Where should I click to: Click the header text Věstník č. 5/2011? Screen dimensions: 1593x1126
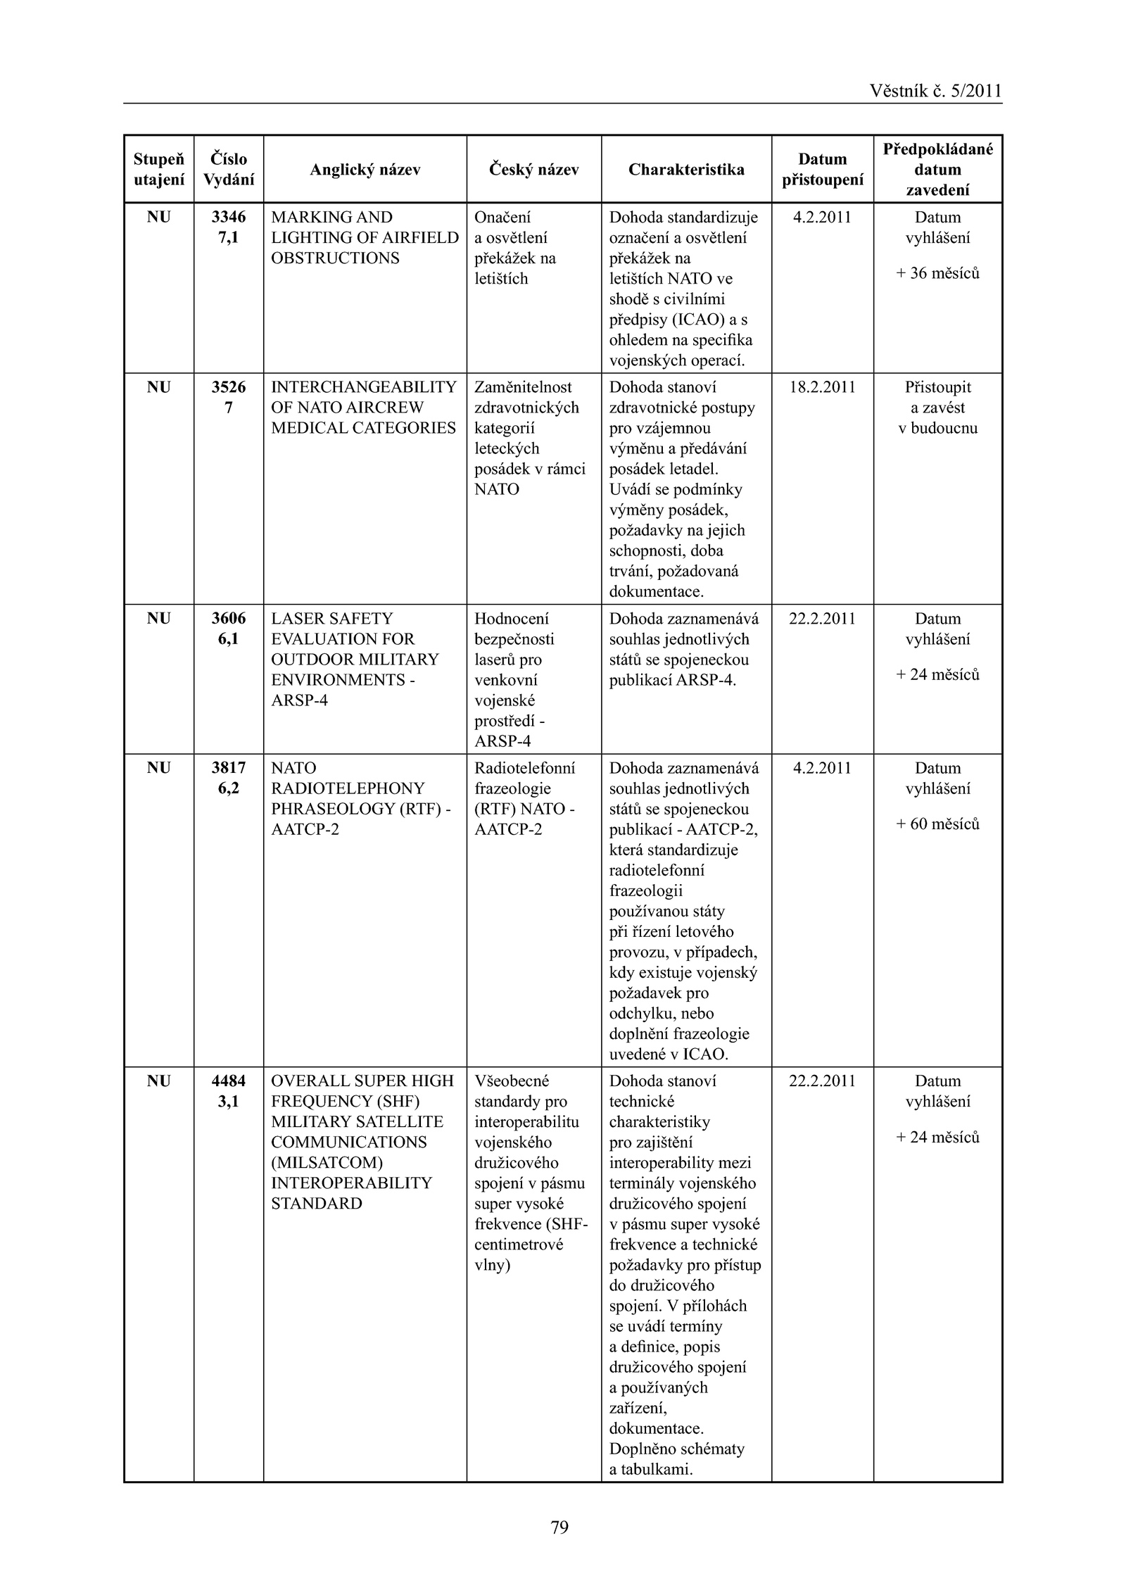[x=935, y=91]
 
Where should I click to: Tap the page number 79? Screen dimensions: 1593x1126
[x=559, y=1527]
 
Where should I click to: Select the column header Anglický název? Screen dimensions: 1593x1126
[x=365, y=170]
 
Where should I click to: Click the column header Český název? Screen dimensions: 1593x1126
[x=533, y=170]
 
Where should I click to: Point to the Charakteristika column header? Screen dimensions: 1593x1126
[x=686, y=170]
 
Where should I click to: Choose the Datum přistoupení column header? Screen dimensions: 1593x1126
[x=822, y=170]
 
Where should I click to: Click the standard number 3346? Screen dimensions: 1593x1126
[x=229, y=218]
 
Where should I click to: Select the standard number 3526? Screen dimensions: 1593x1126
[x=229, y=387]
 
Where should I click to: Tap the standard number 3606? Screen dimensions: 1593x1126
[x=229, y=619]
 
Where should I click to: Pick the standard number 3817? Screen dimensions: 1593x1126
[x=229, y=768]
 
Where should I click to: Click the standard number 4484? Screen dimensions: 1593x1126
[x=229, y=1081]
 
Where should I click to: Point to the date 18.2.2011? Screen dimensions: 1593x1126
[x=822, y=387]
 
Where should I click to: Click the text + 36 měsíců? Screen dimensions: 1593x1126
[x=937, y=273]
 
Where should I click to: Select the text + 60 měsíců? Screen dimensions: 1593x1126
[x=937, y=824]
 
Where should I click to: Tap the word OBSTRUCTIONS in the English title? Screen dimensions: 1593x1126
[x=335, y=258]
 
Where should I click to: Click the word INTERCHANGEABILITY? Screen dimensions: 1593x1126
[x=364, y=387]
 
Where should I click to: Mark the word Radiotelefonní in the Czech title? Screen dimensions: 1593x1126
[x=524, y=768]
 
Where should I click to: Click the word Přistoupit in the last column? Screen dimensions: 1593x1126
[x=937, y=387]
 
